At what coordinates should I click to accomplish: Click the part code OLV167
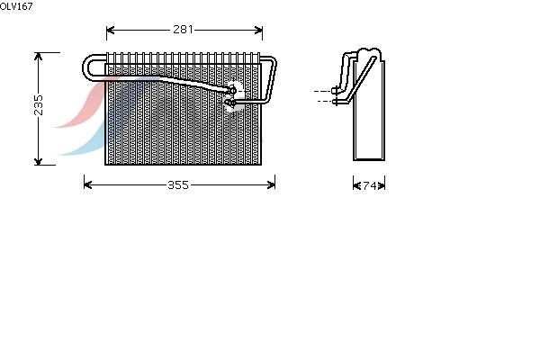pos(16,6)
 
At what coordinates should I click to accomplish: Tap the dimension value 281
pos(183,30)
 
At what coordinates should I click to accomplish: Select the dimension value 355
pos(178,185)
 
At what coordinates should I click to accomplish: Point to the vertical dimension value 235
pos(39,105)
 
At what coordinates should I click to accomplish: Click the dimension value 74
pos(370,185)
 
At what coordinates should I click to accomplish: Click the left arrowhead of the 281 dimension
pos(110,30)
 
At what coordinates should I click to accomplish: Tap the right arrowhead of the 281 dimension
pos(258,30)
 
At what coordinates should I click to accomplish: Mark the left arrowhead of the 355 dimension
pos(88,185)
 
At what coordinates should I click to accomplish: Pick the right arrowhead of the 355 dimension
pos(271,185)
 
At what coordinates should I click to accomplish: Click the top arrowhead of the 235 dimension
pos(38,57)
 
